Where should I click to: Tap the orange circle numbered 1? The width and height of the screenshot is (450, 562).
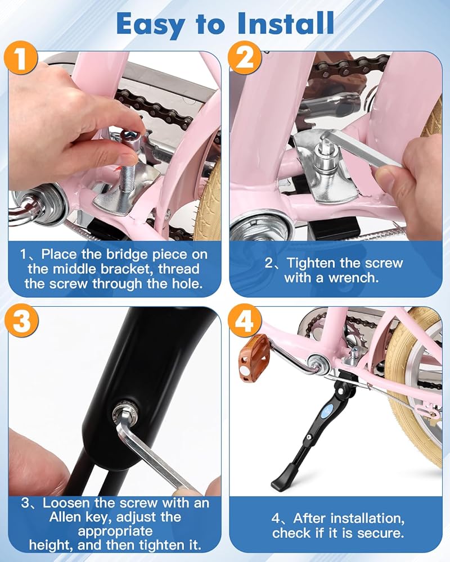[x=21, y=58]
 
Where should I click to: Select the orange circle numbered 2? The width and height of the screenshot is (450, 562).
[x=245, y=57]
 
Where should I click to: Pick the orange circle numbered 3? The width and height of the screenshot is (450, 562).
[x=21, y=320]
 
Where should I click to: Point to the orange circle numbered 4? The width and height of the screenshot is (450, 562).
[x=245, y=320]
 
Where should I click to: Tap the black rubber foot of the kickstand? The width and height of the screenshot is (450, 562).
[x=285, y=478]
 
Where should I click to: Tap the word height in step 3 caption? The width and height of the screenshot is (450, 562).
[x=51, y=546]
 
